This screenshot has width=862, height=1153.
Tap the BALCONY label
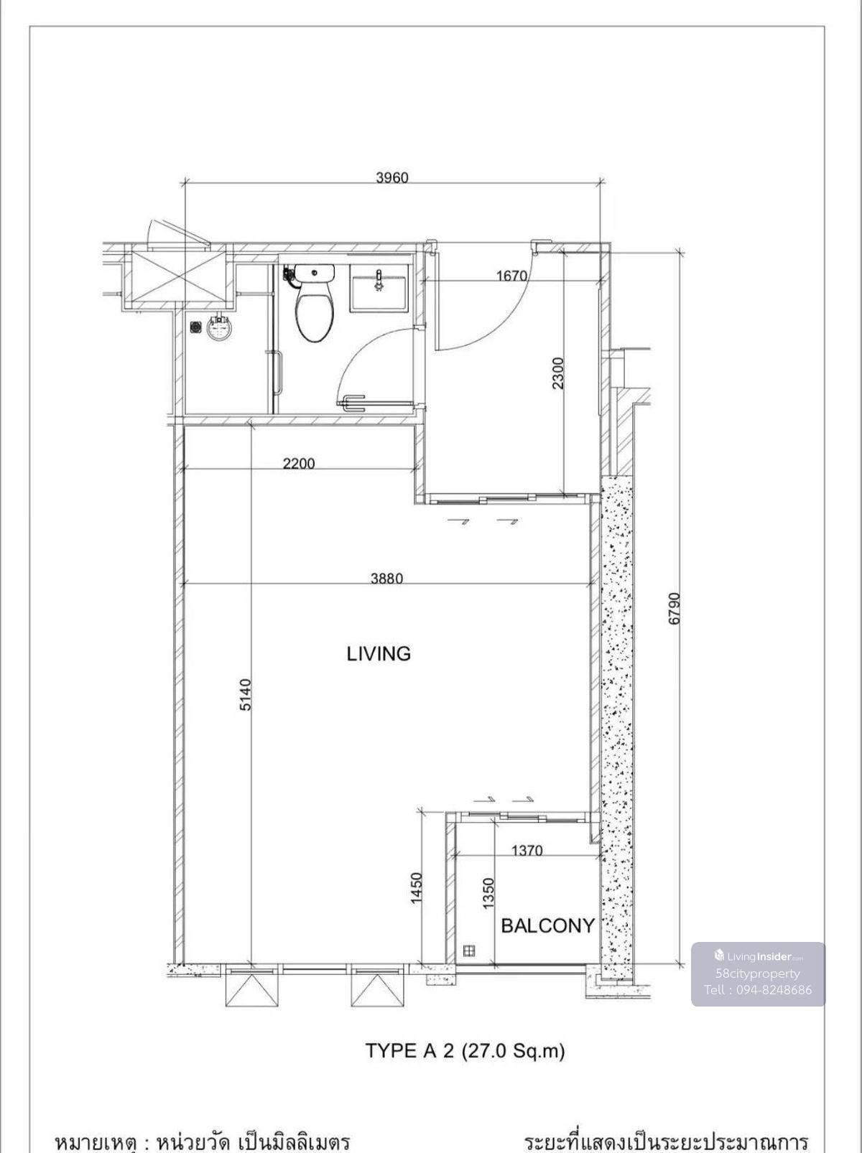(x=547, y=925)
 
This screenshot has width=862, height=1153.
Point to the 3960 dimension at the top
(x=392, y=177)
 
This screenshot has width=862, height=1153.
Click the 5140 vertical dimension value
(x=246, y=695)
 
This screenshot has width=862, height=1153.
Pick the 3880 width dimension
(x=387, y=579)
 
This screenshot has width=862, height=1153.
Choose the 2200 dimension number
(x=299, y=463)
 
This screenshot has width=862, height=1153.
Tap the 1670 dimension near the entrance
(x=511, y=275)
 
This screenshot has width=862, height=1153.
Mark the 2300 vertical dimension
(x=557, y=373)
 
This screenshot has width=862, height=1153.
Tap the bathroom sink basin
(x=379, y=288)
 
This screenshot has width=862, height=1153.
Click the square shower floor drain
(x=196, y=327)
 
